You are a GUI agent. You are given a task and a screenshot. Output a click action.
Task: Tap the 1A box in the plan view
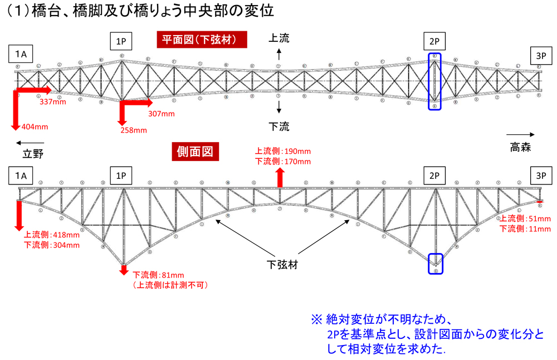tap(21, 54)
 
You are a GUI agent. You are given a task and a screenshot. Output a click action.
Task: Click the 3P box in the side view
tap(541, 176)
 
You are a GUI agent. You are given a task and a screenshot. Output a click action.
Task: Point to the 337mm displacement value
tap(52, 102)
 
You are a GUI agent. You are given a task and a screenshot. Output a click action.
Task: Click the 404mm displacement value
tap(35, 127)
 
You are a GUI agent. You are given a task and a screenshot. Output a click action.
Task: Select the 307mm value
tap(162, 114)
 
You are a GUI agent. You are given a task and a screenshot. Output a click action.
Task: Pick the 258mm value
tap(133, 130)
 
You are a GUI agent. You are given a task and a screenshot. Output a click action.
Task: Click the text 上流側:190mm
tap(283, 151)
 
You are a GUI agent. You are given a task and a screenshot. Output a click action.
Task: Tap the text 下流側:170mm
tap(283, 162)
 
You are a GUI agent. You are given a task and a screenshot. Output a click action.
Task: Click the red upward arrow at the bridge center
tap(280, 177)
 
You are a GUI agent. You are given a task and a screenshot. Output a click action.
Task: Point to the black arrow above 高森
tap(524, 134)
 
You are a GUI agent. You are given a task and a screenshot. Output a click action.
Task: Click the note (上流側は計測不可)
tap(170, 285)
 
